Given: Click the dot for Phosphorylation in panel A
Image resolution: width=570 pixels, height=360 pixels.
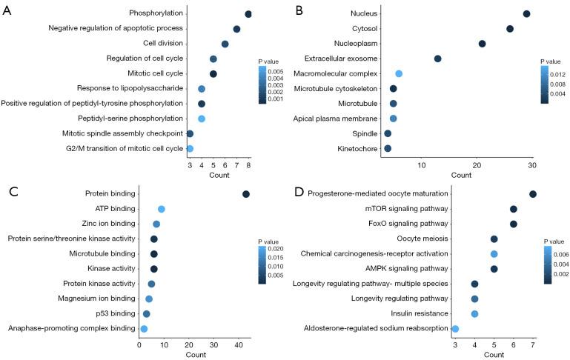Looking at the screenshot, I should [248, 14].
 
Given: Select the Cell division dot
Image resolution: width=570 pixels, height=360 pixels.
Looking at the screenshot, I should [225, 44].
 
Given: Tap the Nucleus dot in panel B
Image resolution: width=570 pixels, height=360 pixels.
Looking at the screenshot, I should [526, 14].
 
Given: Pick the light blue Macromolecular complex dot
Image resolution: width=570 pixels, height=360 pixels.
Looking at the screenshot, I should [399, 74].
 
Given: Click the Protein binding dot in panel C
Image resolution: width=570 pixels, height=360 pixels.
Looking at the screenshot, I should [246, 194].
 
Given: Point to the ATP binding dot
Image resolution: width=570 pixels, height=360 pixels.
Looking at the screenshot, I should [162, 210].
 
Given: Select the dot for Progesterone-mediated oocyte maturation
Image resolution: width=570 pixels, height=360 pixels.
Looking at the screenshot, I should [533, 194].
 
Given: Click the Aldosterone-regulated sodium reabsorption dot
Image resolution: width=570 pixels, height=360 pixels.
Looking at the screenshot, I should [455, 329].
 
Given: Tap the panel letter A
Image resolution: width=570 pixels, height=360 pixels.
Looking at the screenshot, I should [7, 10].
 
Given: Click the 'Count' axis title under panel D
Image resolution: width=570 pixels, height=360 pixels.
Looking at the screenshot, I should [494, 355].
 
